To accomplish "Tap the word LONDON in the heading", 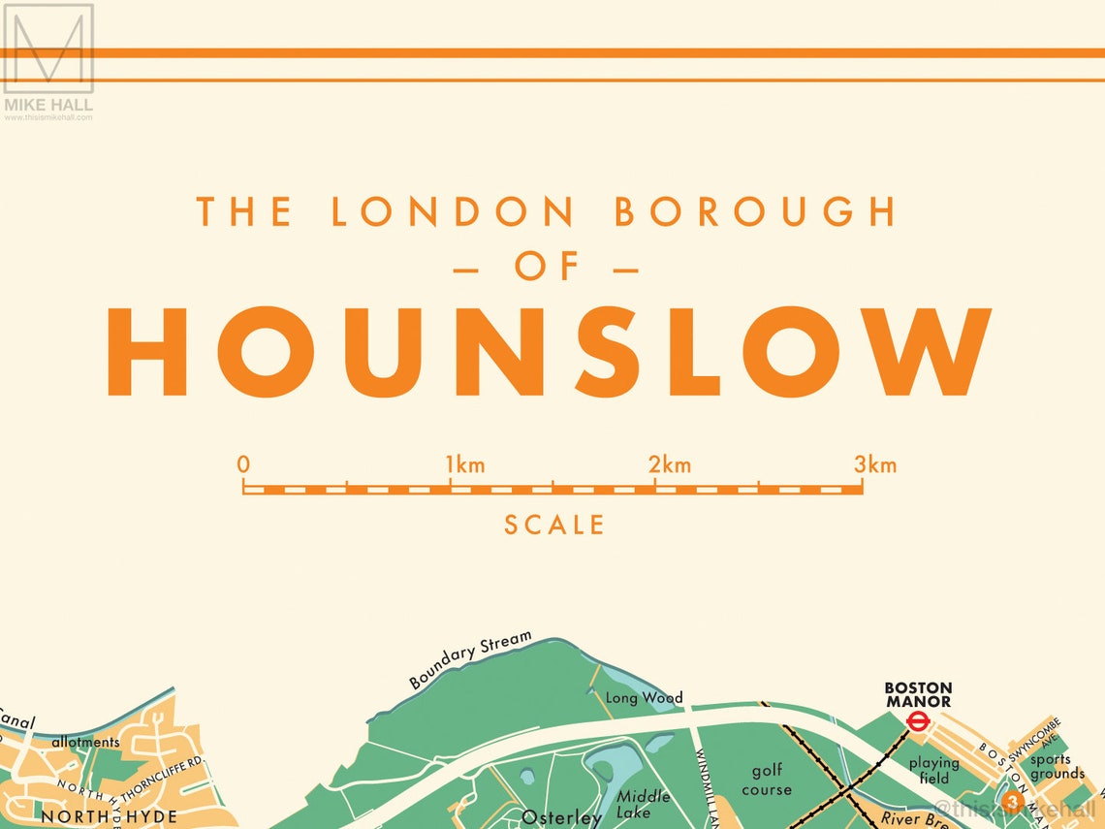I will point(454,212).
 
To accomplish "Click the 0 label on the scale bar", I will point(243,464).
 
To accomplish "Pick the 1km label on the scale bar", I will point(465,465).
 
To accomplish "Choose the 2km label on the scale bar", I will point(670,465).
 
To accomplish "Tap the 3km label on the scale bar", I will point(875,465).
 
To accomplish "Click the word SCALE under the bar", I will point(554,526).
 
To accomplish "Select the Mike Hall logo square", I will point(48,48).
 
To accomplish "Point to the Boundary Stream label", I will point(471,659).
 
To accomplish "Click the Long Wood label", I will point(644,697).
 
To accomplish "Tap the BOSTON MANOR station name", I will point(918,694).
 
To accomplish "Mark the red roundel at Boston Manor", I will point(917,720).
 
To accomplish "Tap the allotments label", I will point(85,743).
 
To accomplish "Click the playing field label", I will point(934,770).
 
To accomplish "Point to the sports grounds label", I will point(1057,767).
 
